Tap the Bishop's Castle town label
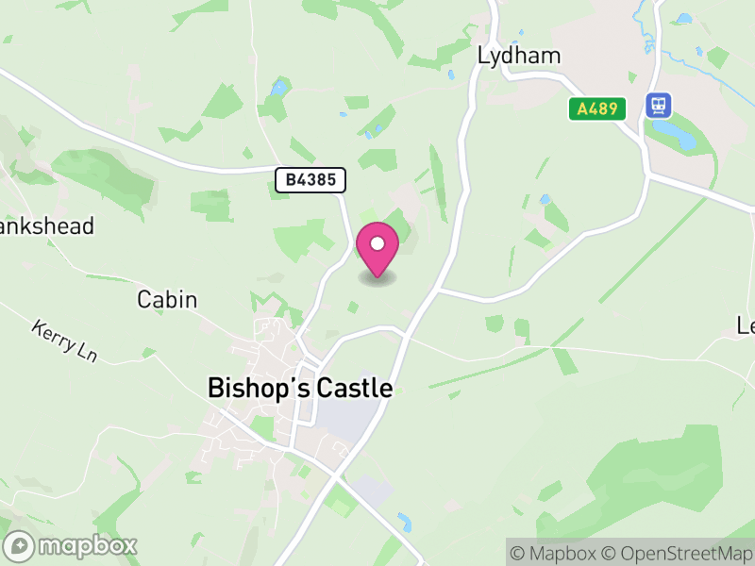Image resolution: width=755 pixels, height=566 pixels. (x=299, y=388)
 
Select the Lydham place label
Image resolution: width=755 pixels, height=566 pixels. (x=519, y=56)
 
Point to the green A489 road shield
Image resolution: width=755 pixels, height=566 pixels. (x=598, y=108)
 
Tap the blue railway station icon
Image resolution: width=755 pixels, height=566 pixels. (x=658, y=105)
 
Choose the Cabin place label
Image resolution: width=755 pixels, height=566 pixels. (x=167, y=300)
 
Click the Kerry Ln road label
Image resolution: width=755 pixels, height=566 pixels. (x=64, y=341)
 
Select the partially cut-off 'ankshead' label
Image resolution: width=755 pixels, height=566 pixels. (x=47, y=226)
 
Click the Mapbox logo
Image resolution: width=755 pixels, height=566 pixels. (x=71, y=545)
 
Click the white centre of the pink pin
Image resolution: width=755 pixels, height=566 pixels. (x=377, y=244)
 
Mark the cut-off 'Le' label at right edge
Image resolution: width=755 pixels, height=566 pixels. (x=746, y=326)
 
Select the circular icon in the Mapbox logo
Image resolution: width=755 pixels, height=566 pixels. (x=20, y=545)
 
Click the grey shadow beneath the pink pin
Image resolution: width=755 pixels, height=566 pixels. (x=377, y=279)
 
